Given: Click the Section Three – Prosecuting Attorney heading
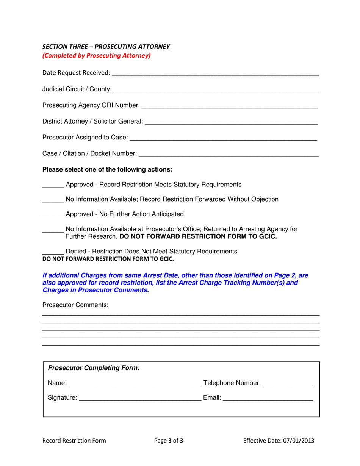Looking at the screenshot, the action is [106, 47].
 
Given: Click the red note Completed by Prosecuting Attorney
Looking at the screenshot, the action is [96, 55].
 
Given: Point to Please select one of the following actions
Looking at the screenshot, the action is [107, 169].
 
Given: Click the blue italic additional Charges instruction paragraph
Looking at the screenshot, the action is [175, 283].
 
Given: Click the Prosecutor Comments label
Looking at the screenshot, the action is [75, 305].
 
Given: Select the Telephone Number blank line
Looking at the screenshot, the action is [288, 384].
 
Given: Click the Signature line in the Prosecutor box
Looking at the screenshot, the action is [140, 399].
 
